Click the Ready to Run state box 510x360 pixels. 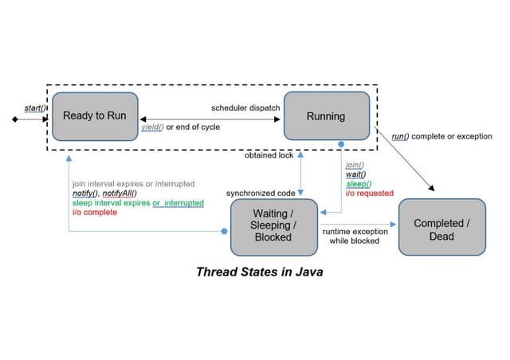95,115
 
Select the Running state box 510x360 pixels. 326,116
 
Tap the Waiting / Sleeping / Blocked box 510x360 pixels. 272,225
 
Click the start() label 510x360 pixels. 33,108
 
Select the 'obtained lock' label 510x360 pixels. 267,155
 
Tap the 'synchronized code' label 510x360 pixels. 261,193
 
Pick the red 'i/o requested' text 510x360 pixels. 370,193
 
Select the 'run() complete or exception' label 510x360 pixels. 441,136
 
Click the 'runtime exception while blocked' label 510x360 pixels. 355,235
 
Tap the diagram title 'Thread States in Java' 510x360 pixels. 259,272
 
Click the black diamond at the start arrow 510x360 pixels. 14,119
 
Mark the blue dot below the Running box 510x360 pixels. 341,144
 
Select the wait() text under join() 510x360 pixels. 355,174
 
